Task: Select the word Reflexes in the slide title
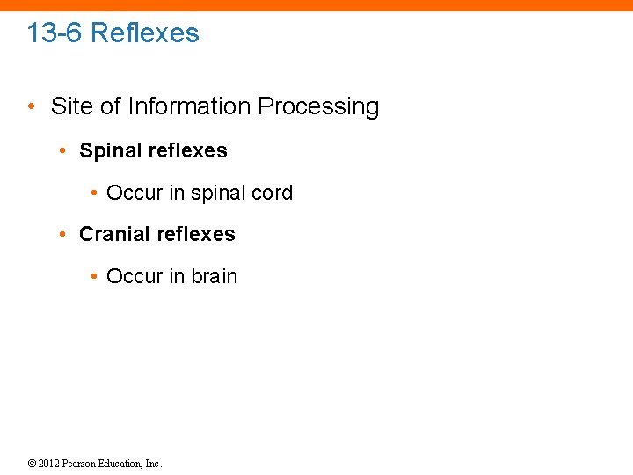[145, 33]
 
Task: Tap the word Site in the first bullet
[69, 107]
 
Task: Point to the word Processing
[318, 107]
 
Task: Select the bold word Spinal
[110, 151]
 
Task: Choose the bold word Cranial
[113, 234]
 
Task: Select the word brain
[215, 276]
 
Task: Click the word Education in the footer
[123, 464]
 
